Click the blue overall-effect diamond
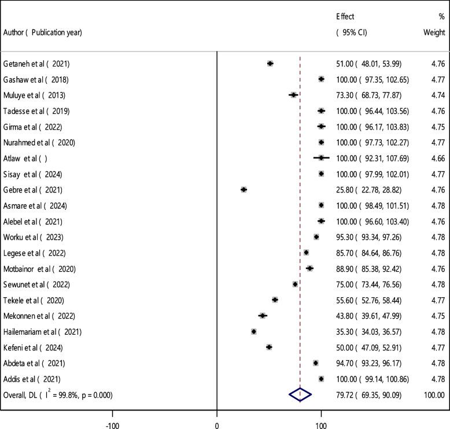300,394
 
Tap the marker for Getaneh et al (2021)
270,63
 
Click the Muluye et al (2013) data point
293,95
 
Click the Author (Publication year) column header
42,32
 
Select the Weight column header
434,33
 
